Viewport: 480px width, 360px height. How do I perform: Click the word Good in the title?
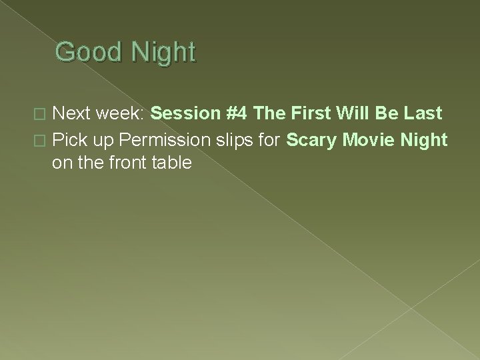(84, 52)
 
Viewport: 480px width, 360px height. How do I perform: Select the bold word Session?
(184, 114)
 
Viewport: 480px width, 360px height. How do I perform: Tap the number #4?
(237, 114)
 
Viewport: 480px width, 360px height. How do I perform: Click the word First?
(305, 114)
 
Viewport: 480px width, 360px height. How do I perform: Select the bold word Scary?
(312, 141)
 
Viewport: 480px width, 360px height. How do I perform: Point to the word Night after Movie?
(426, 141)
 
